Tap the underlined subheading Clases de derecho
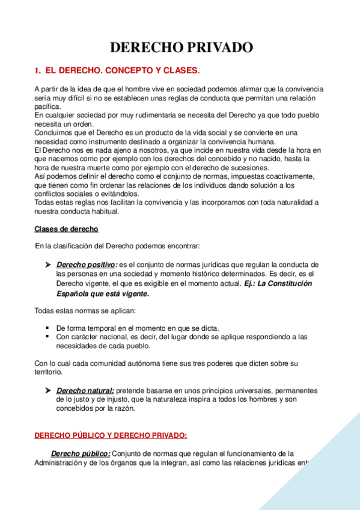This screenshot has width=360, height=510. pyautogui.click(x=66, y=229)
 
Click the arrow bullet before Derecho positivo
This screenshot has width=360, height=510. pyautogui.click(x=48, y=265)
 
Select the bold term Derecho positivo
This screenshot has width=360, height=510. pyautogui.click(x=86, y=265)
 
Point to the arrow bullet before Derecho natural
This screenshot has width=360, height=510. pyautogui.click(x=48, y=391)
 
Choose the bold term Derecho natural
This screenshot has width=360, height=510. pyautogui.click(x=85, y=391)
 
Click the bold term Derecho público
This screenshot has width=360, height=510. pyautogui.click(x=81, y=453)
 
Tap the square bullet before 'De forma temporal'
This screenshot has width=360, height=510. pyautogui.click(x=47, y=328)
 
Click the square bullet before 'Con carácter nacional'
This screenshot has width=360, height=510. pyautogui.click(x=47, y=337)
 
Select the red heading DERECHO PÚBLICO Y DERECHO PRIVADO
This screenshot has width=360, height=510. pyautogui.click(x=111, y=435)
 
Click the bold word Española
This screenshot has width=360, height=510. pyautogui.click(x=76, y=295)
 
